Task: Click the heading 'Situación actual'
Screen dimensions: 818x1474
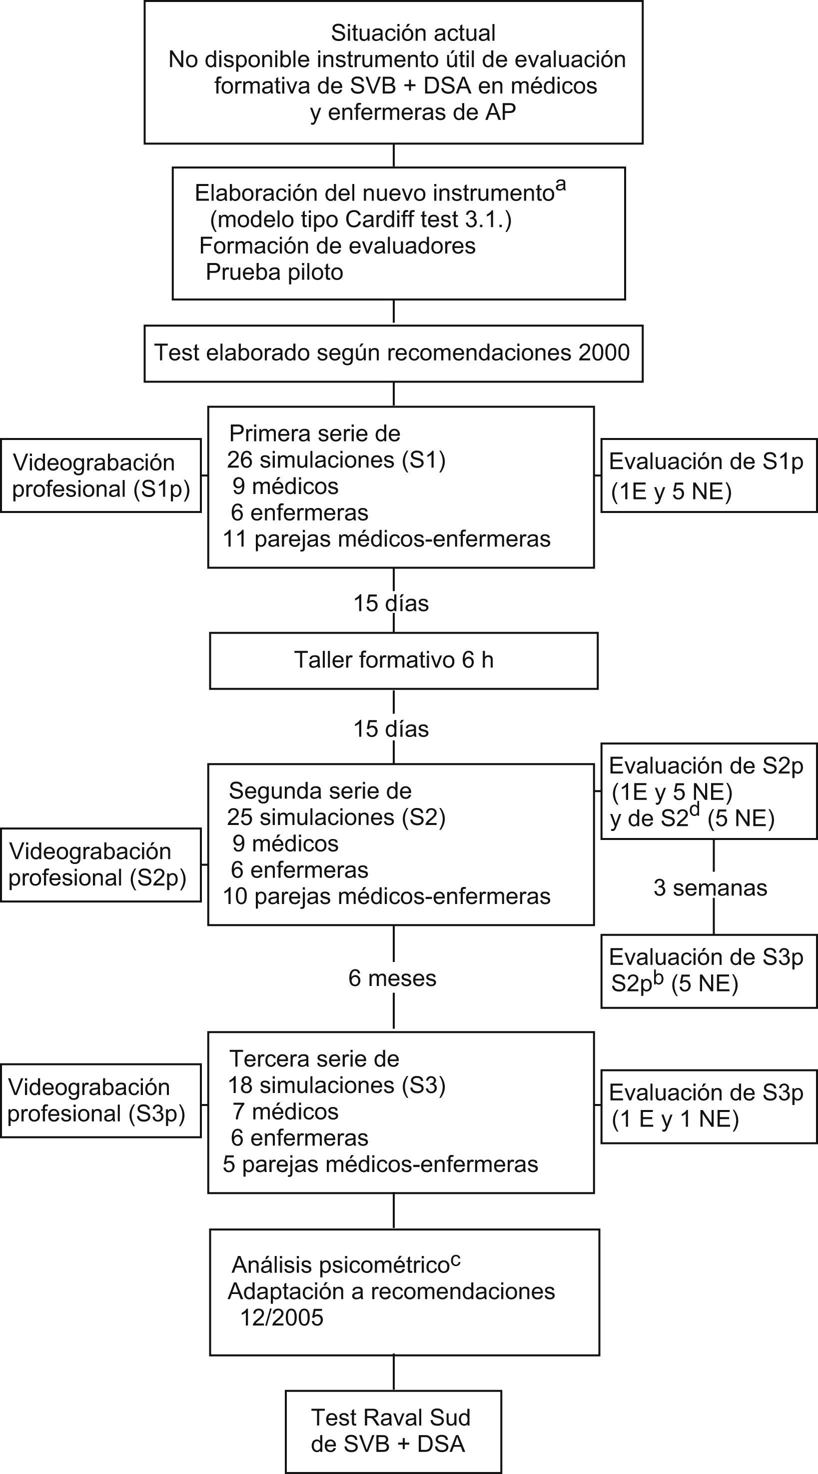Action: point(413,33)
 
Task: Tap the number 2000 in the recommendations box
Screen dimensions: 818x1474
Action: point(604,352)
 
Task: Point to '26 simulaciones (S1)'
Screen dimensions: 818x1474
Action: point(336,460)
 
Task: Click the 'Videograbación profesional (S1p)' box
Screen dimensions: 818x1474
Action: point(100,475)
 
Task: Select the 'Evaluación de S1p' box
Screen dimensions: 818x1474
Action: point(708,475)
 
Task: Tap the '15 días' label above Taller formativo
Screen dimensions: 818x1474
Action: point(391,603)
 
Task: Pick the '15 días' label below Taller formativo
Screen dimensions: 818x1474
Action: point(391,729)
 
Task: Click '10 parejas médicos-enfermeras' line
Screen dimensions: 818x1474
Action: point(386,896)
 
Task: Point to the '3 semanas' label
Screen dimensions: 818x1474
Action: point(710,888)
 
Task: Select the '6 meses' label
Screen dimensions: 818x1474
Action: point(392,978)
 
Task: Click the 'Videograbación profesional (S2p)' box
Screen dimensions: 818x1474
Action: point(100,865)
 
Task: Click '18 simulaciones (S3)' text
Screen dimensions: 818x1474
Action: point(336,1085)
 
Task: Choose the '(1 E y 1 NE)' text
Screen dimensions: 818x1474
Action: point(675,1119)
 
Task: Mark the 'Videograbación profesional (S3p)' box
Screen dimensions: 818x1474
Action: point(100,1101)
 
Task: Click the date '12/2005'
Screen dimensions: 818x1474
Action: point(281,1318)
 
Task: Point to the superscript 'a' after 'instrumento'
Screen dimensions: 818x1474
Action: point(561,185)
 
